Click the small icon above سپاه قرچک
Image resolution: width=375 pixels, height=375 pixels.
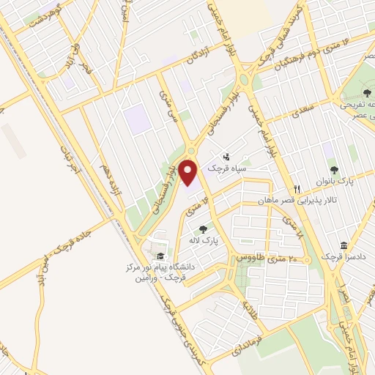coord(226,156)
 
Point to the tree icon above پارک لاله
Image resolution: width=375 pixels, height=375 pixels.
coord(203,229)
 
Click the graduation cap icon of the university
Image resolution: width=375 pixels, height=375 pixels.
coord(160,255)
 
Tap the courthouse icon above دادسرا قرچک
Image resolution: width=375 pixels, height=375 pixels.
coord(343,246)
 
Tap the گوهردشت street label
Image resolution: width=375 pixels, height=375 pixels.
coord(45,14)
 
